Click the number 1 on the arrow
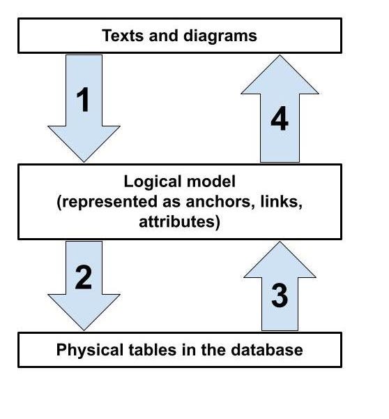tap(84, 99)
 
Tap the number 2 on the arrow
tap(83, 277)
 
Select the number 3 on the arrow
tap(279, 296)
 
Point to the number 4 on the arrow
tap(279, 119)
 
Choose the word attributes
tap(180, 222)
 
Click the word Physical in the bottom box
tap(85, 349)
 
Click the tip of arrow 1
tap(84, 162)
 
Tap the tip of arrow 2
tap(84, 330)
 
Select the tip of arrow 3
tap(279, 242)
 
